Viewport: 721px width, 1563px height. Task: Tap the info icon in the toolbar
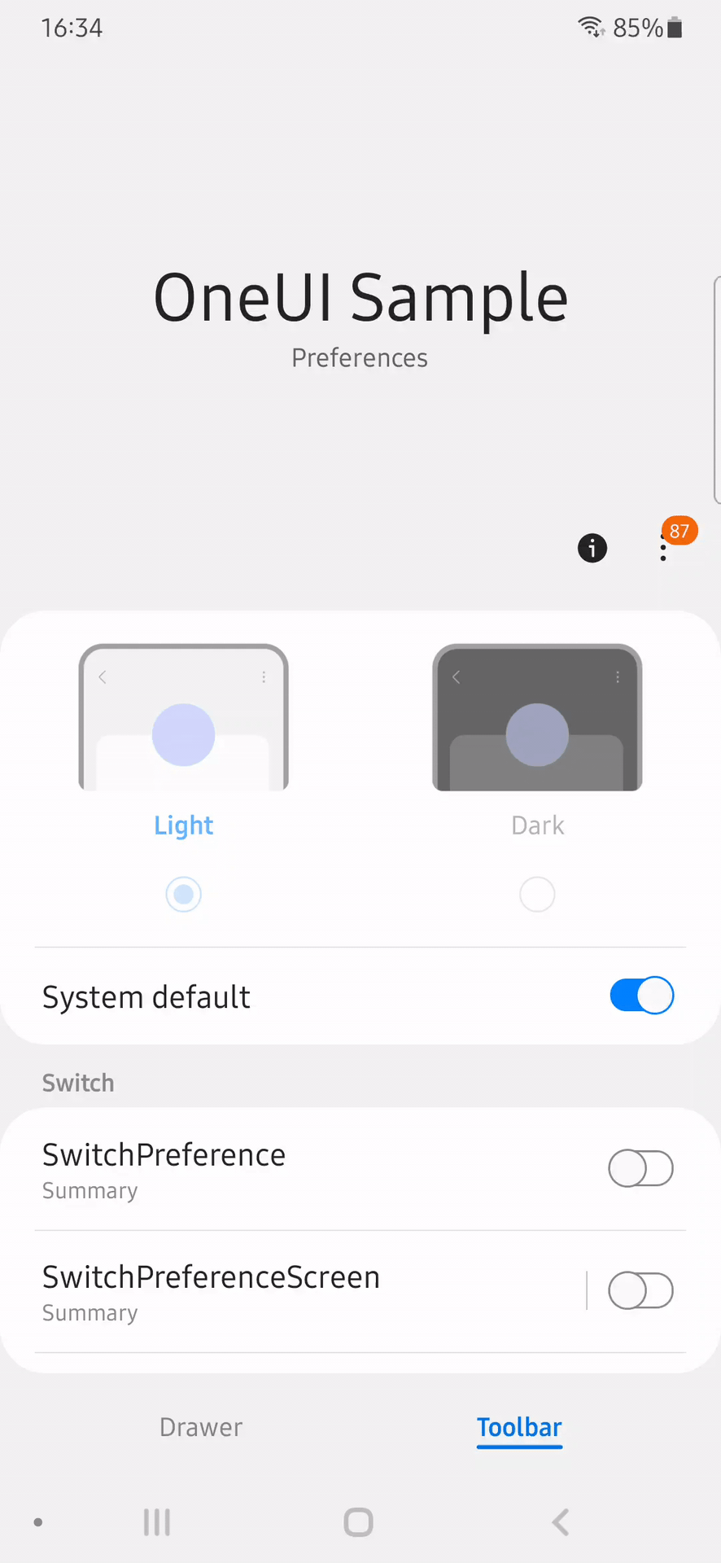click(x=592, y=548)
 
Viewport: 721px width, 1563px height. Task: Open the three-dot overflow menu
click(x=663, y=547)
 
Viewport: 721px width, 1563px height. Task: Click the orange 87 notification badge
click(x=679, y=531)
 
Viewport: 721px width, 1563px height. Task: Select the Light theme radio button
click(x=184, y=895)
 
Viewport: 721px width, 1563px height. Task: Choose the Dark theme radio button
click(x=537, y=895)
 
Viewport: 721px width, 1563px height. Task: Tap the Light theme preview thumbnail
click(x=184, y=717)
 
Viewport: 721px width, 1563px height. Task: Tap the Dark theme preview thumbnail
click(x=537, y=717)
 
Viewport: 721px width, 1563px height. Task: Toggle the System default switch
click(x=642, y=995)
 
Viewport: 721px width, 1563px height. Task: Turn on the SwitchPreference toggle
click(x=641, y=1168)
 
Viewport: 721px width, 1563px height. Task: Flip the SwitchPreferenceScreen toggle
click(x=641, y=1290)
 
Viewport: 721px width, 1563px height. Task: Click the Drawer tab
click(x=201, y=1427)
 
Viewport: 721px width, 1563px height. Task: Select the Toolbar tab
click(x=519, y=1428)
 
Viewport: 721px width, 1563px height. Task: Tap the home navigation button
click(x=358, y=1521)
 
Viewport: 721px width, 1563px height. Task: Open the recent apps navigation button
click(x=157, y=1521)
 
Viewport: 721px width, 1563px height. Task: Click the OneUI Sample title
click(x=360, y=298)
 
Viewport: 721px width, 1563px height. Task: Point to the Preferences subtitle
click(x=360, y=358)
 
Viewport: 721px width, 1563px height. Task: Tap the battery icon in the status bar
click(x=675, y=28)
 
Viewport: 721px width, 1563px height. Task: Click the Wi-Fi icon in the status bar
click(x=592, y=27)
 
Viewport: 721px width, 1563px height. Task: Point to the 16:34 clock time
click(x=72, y=28)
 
